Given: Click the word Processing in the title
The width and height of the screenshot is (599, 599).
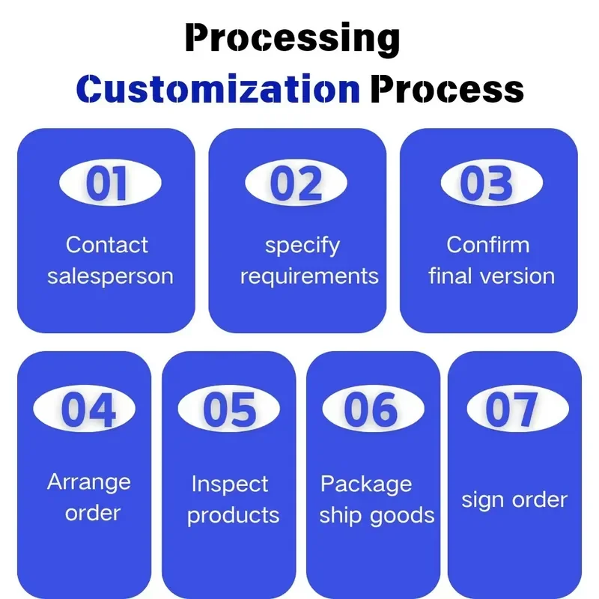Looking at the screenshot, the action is (292, 39).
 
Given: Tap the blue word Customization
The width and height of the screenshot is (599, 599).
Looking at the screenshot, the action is (218, 89).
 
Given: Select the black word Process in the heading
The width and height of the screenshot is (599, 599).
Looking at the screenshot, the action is (447, 90).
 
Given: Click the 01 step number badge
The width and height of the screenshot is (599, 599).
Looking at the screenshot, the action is (110, 183).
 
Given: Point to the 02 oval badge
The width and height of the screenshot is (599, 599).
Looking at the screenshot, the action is (296, 183).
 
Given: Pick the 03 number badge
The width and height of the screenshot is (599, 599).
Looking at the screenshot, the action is (492, 183).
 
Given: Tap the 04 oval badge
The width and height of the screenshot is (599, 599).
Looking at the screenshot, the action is (84, 408).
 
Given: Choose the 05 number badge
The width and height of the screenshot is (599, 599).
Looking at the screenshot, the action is (229, 408).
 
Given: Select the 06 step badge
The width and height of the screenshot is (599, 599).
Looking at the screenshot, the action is (373, 408).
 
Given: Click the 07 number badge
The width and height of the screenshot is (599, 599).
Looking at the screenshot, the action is (517, 408).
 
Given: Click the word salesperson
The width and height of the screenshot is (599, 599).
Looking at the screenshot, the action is (110, 276).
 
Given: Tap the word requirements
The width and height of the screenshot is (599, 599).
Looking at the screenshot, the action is (309, 276).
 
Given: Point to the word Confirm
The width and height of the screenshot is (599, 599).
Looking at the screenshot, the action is (488, 245).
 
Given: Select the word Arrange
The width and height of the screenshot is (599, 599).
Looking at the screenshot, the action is (89, 483).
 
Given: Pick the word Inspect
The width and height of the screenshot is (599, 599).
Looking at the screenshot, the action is (230, 484).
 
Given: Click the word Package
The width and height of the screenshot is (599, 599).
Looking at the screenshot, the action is (366, 484).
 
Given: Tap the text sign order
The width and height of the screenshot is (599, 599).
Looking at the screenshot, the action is (514, 500).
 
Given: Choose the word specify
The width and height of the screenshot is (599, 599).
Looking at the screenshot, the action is (302, 246).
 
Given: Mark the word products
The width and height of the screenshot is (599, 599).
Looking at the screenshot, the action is (234, 516).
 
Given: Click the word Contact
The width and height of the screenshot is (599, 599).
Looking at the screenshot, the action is (107, 245).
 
